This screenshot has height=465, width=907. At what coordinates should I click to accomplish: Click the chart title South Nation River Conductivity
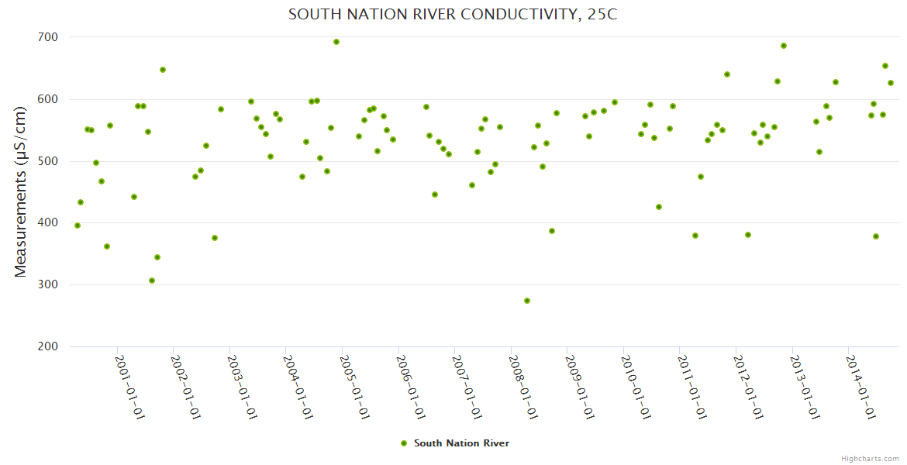453,15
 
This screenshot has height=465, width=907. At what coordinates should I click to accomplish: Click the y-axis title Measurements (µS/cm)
21,191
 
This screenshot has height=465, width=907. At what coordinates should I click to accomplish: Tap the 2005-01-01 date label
355,387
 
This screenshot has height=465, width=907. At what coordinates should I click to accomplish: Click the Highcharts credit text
870,459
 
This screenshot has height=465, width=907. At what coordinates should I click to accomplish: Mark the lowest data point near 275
527,301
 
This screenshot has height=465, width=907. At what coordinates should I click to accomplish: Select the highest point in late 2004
336,42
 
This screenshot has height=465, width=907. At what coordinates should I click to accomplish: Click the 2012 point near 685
784,46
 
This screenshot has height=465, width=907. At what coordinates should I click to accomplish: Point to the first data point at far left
78,226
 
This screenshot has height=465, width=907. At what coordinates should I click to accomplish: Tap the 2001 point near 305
152,281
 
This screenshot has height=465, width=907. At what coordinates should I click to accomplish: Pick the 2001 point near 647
163,70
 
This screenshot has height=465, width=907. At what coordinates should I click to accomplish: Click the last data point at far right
891,83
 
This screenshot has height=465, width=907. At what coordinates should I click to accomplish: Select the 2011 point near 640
727,74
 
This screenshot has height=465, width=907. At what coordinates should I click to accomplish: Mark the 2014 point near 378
876,236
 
